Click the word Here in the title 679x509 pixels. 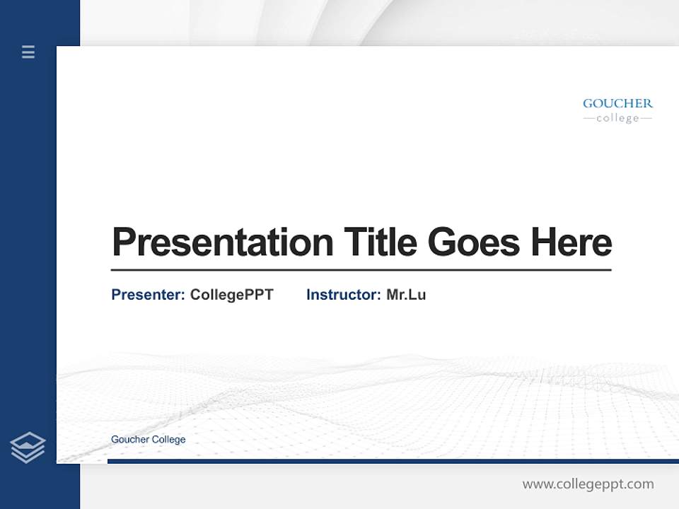[571, 242]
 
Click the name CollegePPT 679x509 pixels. [231, 295]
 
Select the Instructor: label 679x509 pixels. [343, 295]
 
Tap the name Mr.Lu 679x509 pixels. [406, 295]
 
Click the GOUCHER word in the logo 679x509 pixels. [617, 103]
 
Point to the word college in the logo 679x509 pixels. [617, 119]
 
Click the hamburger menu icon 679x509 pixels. [28, 52]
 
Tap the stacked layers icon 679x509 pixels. [28, 447]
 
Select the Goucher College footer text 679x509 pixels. [149, 440]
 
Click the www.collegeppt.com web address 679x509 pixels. [588, 484]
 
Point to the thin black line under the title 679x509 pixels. [361, 270]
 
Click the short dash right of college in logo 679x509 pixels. [646, 119]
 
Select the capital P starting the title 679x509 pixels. [124, 242]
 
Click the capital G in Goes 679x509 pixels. [443, 242]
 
